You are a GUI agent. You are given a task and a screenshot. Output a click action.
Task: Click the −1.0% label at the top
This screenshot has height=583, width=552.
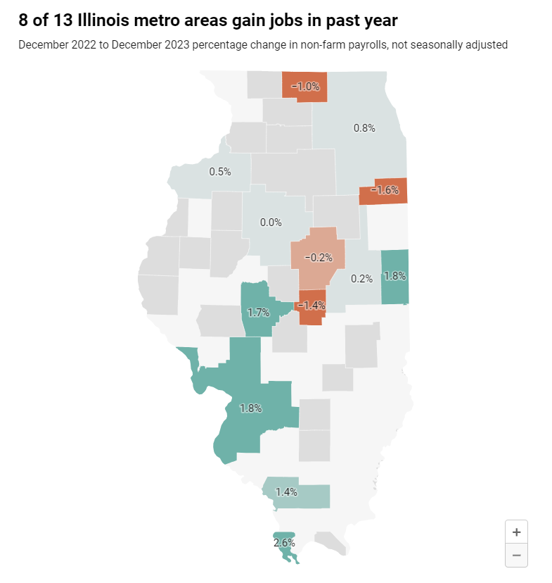[305, 87]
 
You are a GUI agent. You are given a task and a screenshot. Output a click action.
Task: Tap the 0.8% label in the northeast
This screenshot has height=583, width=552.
[364, 128]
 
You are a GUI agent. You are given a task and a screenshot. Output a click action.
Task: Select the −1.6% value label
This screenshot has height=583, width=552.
[384, 190]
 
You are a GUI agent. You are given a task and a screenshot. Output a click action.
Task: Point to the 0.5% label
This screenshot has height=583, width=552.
[220, 171]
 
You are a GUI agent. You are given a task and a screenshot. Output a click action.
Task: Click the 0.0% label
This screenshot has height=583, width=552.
[271, 222]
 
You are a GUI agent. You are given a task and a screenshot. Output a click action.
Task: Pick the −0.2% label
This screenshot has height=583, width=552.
[319, 258]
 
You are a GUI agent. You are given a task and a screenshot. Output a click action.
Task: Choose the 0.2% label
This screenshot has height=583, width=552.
[361, 278]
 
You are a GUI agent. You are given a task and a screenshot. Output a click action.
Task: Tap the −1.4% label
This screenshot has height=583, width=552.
[312, 305]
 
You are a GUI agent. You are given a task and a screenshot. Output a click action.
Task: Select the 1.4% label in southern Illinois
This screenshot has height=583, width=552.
[286, 491]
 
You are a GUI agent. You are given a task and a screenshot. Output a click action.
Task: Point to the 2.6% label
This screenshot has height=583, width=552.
[284, 542]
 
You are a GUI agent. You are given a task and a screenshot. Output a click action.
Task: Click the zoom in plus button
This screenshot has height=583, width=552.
[516, 532]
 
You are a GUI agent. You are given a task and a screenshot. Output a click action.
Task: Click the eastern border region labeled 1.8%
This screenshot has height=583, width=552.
[394, 277]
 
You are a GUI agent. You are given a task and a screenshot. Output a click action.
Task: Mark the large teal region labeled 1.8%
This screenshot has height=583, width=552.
[251, 408]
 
